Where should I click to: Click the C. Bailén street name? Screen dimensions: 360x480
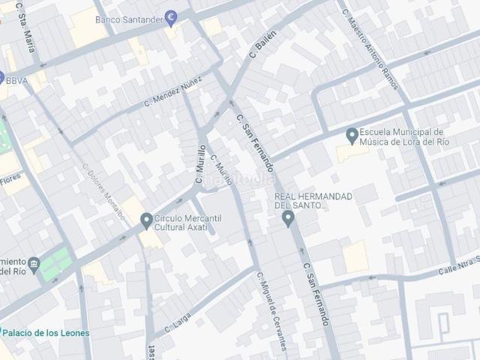[263, 45]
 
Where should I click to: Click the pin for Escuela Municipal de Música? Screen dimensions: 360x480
[352, 136]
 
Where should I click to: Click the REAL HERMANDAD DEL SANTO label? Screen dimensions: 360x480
[313, 200]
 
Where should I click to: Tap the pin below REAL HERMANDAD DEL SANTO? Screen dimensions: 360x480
[287, 218]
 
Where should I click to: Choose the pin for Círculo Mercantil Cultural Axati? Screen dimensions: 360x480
[147, 220]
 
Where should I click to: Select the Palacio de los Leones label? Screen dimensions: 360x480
[46, 332]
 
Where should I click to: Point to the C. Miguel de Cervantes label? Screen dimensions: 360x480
[271, 310]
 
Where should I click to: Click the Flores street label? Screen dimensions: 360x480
[10, 178]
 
